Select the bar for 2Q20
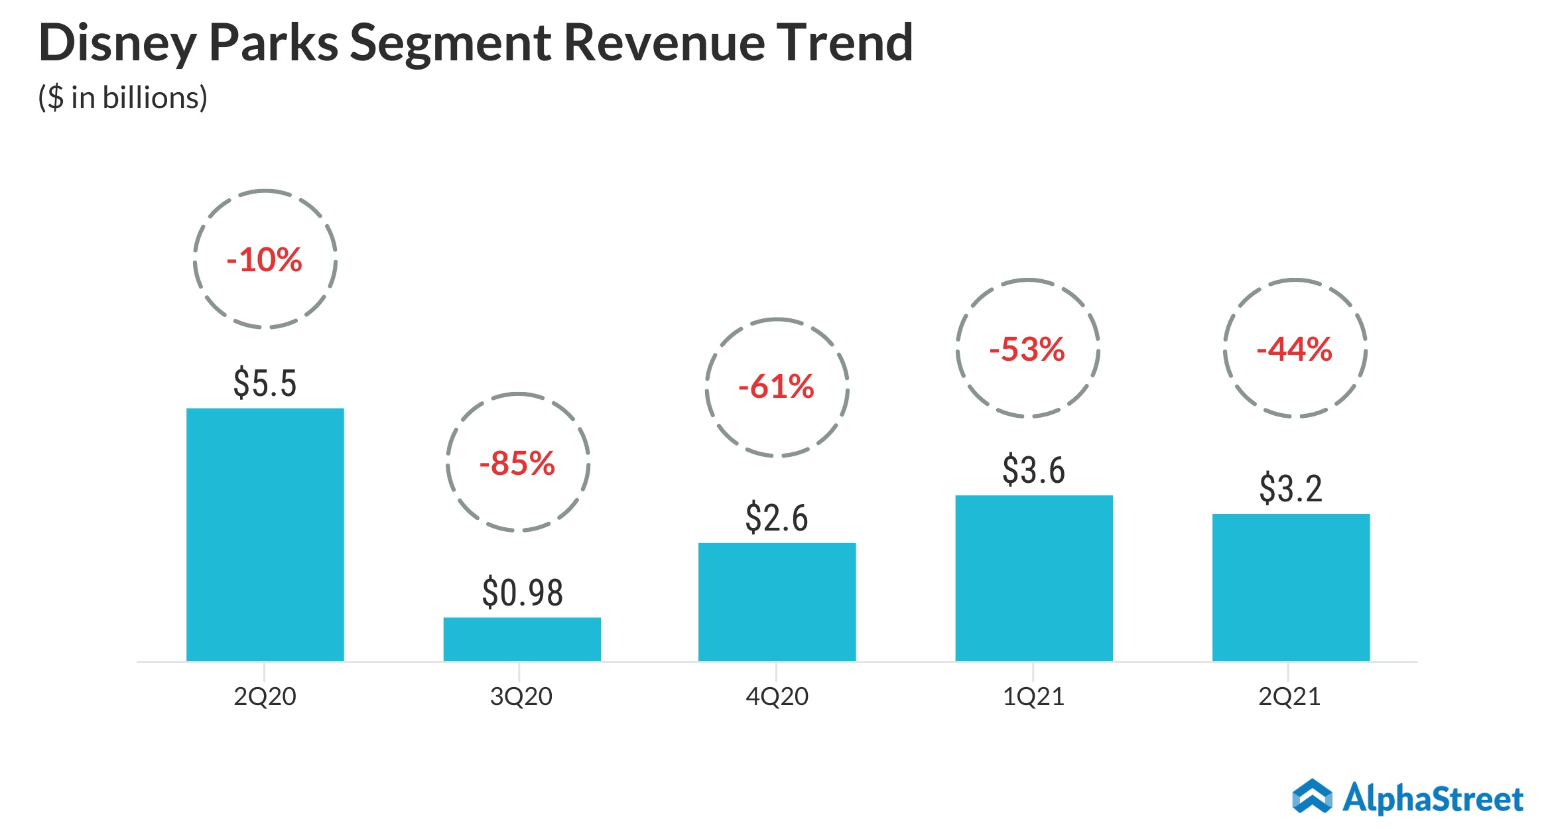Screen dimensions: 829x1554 pyautogui.click(x=265, y=535)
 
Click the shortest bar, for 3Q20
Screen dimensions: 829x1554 pyautogui.click(x=522, y=639)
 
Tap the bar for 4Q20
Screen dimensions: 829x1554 pyautogui.click(x=777, y=602)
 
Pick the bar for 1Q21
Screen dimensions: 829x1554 pyautogui.click(x=1033, y=578)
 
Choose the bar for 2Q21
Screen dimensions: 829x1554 pyautogui.click(x=1291, y=588)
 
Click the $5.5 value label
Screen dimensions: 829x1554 pyautogui.click(x=265, y=383)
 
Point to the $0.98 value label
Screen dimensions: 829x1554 pyautogui.click(x=522, y=593)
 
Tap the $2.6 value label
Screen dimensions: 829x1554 pyautogui.click(x=777, y=518)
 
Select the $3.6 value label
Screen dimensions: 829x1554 pyautogui.click(x=1033, y=470)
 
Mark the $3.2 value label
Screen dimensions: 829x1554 pyautogui.click(x=1291, y=489)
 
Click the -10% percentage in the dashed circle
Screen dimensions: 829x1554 pyautogui.click(x=265, y=260)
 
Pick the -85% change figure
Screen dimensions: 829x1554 pyautogui.click(x=517, y=464)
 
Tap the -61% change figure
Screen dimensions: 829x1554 pyautogui.click(x=777, y=387)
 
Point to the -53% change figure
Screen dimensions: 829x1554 pyautogui.click(x=1027, y=350)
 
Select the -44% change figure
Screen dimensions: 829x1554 pyautogui.click(x=1295, y=350)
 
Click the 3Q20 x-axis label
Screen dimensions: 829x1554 pyautogui.click(x=521, y=697)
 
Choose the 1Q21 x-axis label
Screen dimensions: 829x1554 pyautogui.click(x=1033, y=697)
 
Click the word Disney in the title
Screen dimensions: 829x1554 pyautogui.click(x=117, y=43)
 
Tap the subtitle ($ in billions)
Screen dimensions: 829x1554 pyautogui.click(x=123, y=98)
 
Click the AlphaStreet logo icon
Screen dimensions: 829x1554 pyautogui.click(x=1312, y=797)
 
